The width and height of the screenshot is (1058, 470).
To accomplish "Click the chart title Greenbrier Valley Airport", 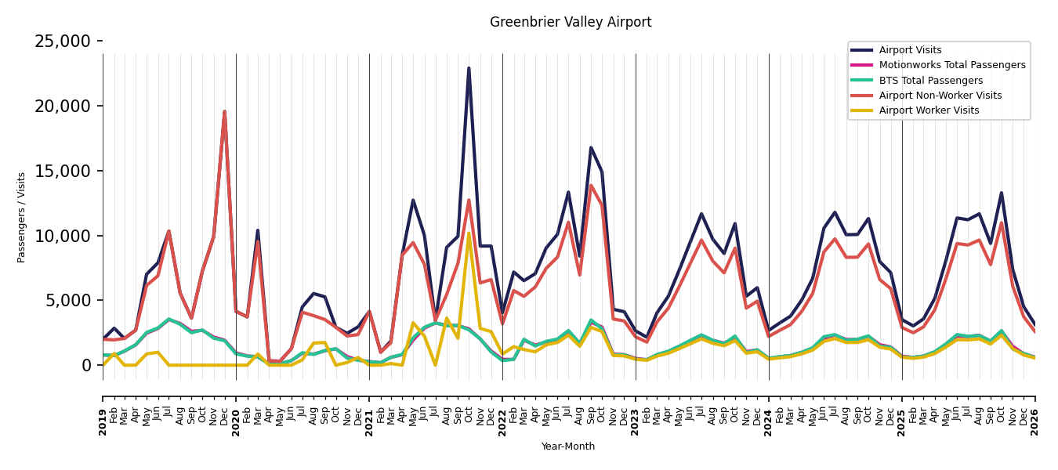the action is pyautogui.click(x=571, y=22).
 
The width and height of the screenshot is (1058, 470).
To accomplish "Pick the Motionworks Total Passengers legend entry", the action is pyautogui.click(x=938, y=65).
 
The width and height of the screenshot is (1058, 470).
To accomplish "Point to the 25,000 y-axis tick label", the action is pyautogui.click(x=63, y=42).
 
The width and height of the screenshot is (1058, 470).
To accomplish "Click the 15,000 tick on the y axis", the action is pyautogui.click(x=63, y=172).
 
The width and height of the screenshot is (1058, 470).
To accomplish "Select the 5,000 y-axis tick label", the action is pyautogui.click(x=67, y=301).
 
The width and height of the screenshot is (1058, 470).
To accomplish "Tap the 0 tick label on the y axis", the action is pyautogui.click(x=86, y=365).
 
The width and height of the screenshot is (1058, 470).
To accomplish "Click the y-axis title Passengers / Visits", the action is pyautogui.click(x=21, y=218).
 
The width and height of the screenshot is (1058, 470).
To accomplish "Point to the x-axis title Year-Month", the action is pyautogui.click(x=567, y=446).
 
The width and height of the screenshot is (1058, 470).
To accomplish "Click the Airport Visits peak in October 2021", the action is pyautogui.click(x=469, y=68).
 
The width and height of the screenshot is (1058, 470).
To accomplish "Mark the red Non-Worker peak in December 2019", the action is pyautogui.click(x=224, y=112).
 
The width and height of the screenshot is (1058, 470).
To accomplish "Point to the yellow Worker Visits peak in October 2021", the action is pyautogui.click(x=469, y=233).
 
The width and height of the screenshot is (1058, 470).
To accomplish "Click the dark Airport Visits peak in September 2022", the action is pyautogui.click(x=590, y=148).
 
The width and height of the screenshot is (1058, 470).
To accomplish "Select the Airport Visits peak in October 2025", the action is pyautogui.click(x=1002, y=193).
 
